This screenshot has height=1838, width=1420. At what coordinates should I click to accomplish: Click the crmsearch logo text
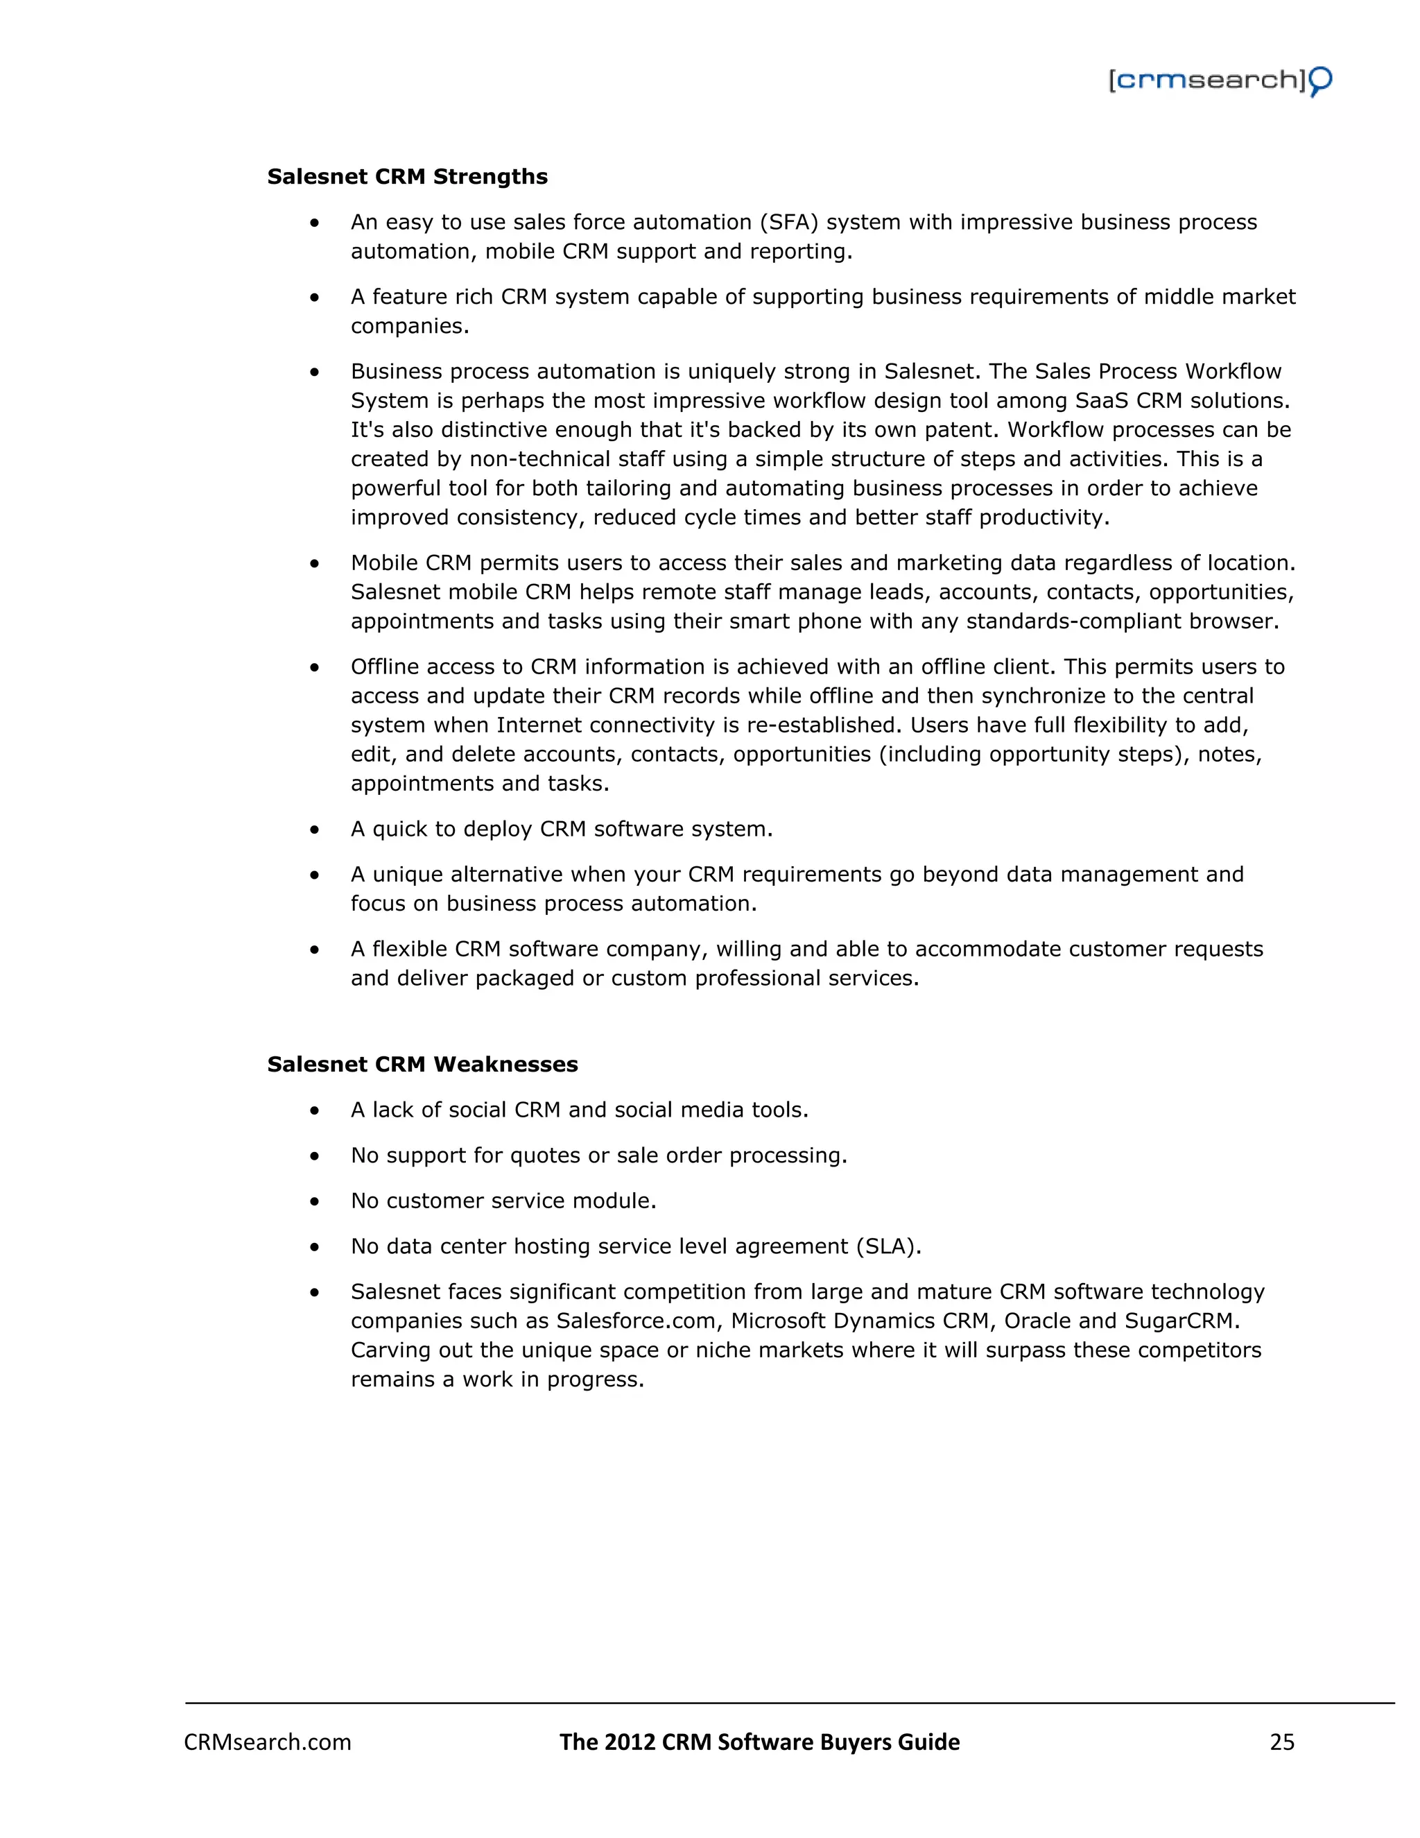pyautogui.click(x=1206, y=80)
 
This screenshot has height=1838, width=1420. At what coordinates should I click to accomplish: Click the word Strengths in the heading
pyautogui.click(x=490, y=177)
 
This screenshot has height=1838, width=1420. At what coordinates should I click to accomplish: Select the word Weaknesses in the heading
pyautogui.click(x=505, y=1065)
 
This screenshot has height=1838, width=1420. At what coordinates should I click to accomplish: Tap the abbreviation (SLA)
pyautogui.click(x=888, y=1246)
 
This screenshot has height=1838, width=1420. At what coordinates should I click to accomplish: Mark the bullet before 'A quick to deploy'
pyautogui.click(x=315, y=830)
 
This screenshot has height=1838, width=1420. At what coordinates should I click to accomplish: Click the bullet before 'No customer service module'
pyautogui.click(x=315, y=1202)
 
